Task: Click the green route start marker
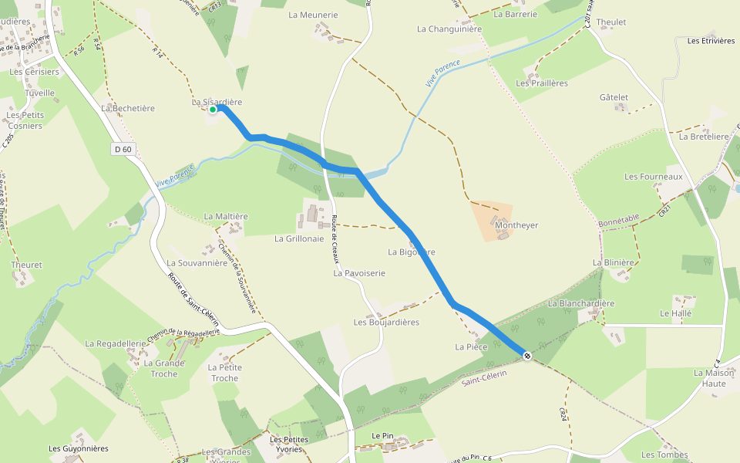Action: coord(212,110)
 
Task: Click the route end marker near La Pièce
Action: coord(526,355)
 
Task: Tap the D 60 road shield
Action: coord(123,149)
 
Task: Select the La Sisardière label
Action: coord(217,102)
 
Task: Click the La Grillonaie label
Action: coord(299,238)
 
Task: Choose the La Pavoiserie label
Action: coord(359,273)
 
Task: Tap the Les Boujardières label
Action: coord(385,322)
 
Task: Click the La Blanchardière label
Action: coord(581,303)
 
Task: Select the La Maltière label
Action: coord(226,217)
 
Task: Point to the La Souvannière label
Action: coord(197,262)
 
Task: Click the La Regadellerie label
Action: coord(116,343)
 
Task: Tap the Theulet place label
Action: coord(611,22)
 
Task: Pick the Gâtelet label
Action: coord(614,97)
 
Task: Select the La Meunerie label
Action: coord(313,15)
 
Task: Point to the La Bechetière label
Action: coord(128,109)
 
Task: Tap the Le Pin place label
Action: coord(382,436)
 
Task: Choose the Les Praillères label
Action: coord(542,83)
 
